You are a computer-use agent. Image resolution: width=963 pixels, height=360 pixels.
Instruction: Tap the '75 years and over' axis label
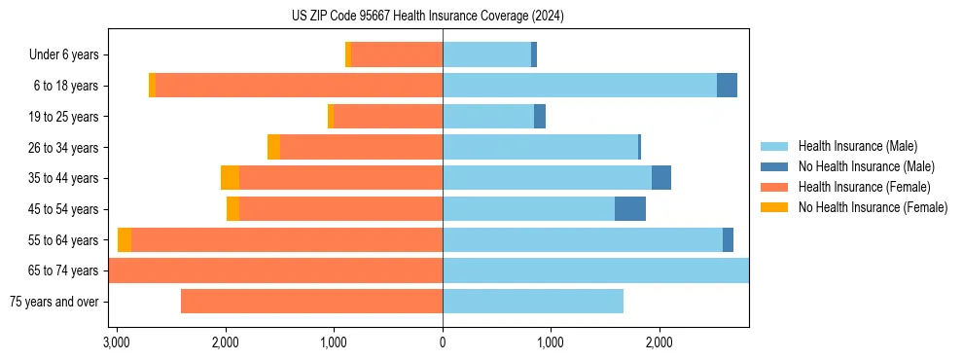coord(54,302)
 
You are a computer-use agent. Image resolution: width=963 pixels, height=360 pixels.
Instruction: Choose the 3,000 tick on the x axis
coord(117,342)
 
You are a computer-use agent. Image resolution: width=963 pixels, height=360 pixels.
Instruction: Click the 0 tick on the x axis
coord(443,342)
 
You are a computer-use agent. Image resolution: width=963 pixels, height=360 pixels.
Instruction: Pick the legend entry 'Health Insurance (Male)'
coord(857,146)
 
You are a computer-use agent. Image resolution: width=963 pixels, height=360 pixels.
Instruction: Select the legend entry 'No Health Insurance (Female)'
coord(873,207)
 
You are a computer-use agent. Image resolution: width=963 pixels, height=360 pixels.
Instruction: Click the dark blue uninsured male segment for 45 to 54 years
coord(630,209)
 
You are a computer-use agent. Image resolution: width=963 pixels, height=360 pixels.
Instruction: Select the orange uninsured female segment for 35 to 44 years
coord(230,178)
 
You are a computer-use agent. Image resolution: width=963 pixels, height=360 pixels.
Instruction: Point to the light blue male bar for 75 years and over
coord(533,302)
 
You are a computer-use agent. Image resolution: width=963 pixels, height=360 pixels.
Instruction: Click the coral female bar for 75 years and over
coord(311,302)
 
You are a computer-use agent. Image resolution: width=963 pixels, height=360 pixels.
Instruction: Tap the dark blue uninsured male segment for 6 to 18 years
coord(727,86)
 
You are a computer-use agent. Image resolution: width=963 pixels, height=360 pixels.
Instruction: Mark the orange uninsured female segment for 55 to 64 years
coord(125,240)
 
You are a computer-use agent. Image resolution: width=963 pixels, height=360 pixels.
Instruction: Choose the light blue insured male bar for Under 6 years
coord(486,55)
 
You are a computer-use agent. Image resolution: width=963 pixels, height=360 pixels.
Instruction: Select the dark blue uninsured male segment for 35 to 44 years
coord(661,178)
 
